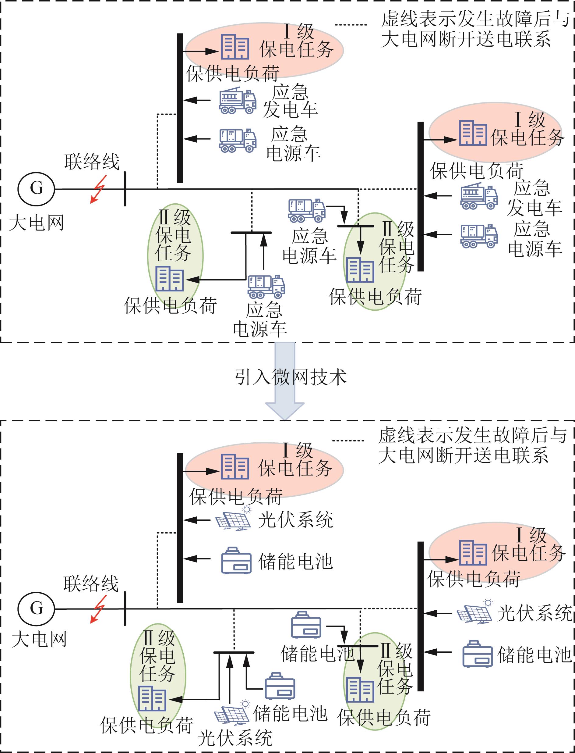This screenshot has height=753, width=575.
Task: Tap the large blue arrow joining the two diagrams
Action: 285,380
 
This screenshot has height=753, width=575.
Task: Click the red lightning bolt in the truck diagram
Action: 99,189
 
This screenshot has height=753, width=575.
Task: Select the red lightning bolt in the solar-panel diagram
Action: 99,609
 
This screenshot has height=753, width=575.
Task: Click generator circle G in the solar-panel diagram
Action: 36,609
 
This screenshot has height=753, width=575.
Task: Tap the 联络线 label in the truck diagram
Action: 92,162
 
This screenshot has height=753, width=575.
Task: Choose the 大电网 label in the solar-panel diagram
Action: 39,639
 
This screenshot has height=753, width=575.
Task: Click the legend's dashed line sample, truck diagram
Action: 351,25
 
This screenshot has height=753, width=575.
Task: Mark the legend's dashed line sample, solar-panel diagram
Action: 348,441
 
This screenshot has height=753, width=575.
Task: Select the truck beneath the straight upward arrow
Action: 266,286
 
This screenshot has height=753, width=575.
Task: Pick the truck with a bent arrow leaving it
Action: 306,210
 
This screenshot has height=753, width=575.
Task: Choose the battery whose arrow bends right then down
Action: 306,625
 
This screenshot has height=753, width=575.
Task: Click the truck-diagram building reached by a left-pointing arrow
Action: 169,279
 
